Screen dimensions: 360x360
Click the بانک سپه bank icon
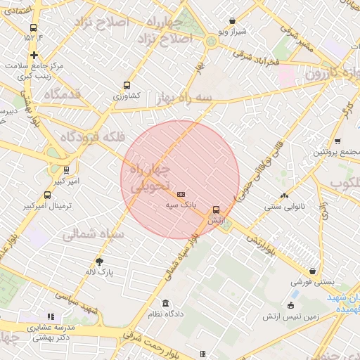click(x=181, y=193)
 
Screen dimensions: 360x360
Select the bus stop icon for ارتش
click(x=216, y=209)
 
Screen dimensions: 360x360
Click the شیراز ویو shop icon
click(x=232, y=21)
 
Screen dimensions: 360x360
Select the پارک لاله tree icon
click(x=99, y=261)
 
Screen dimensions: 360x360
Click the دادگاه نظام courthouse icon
click(x=165, y=303)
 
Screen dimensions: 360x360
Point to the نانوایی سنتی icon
click(x=284, y=196)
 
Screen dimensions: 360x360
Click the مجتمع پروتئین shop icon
click(x=338, y=141)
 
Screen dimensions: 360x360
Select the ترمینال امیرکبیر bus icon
click(x=47, y=195)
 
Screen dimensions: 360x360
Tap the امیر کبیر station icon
click(x=66, y=169)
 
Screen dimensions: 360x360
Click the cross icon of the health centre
click(x=34, y=54)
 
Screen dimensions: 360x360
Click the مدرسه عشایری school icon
click(x=50, y=317)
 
